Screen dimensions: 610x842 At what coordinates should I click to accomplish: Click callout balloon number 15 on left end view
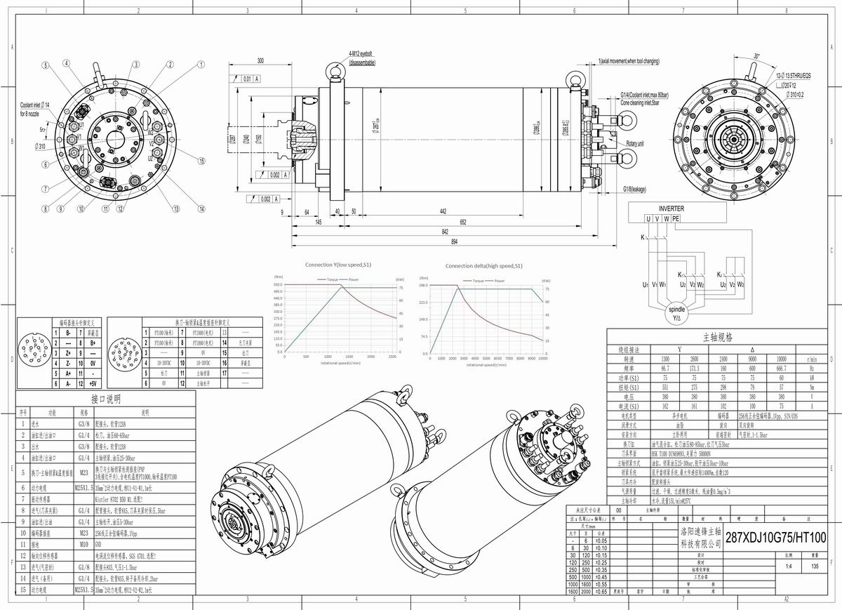[x=201, y=161]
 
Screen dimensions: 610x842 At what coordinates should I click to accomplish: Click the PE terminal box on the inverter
[x=675, y=219]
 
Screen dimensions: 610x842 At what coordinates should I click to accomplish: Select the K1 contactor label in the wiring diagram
[x=681, y=274]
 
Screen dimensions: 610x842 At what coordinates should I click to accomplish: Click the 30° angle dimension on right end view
[x=756, y=55]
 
